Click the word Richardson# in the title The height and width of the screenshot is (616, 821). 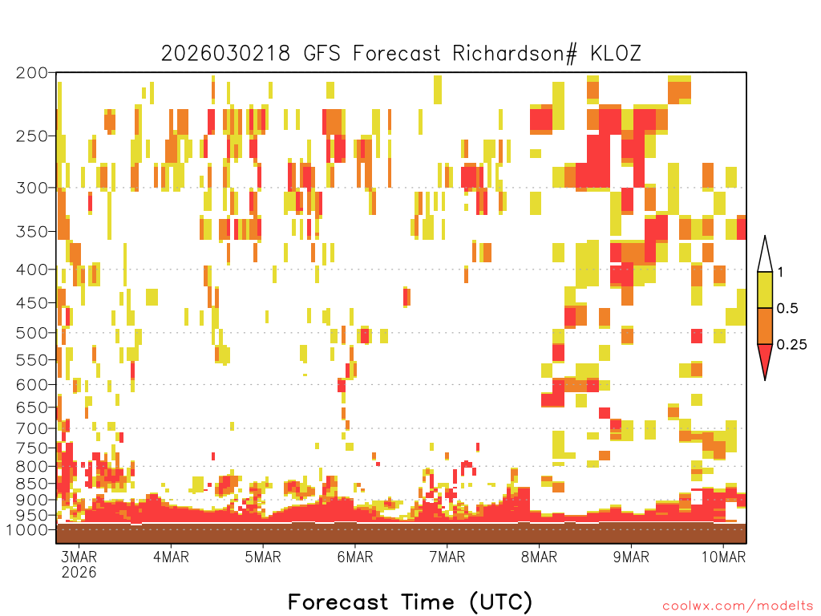click(515, 54)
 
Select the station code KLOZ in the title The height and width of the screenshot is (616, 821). click(616, 54)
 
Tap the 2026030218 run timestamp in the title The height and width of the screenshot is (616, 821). click(225, 54)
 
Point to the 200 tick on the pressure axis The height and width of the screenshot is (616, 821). click(31, 73)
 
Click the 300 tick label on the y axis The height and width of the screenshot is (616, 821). click(31, 188)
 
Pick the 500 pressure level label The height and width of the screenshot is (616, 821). click(31, 333)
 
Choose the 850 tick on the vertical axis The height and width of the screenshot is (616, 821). click(31, 484)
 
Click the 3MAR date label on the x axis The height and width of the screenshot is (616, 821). click(79, 557)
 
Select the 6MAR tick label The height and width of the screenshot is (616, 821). click(355, 557)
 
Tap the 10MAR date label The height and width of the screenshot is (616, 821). click(723, 557)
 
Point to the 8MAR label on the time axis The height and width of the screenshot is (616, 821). click(539, 557)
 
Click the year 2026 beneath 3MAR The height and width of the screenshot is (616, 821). click(79, 572)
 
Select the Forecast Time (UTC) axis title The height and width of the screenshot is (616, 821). click(410, 602)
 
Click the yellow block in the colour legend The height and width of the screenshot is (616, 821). click(765, 290)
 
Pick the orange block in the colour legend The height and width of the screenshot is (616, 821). click(765, 326)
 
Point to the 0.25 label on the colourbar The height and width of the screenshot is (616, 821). click(791, 345)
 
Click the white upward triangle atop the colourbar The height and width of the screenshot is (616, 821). click(765, 255)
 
